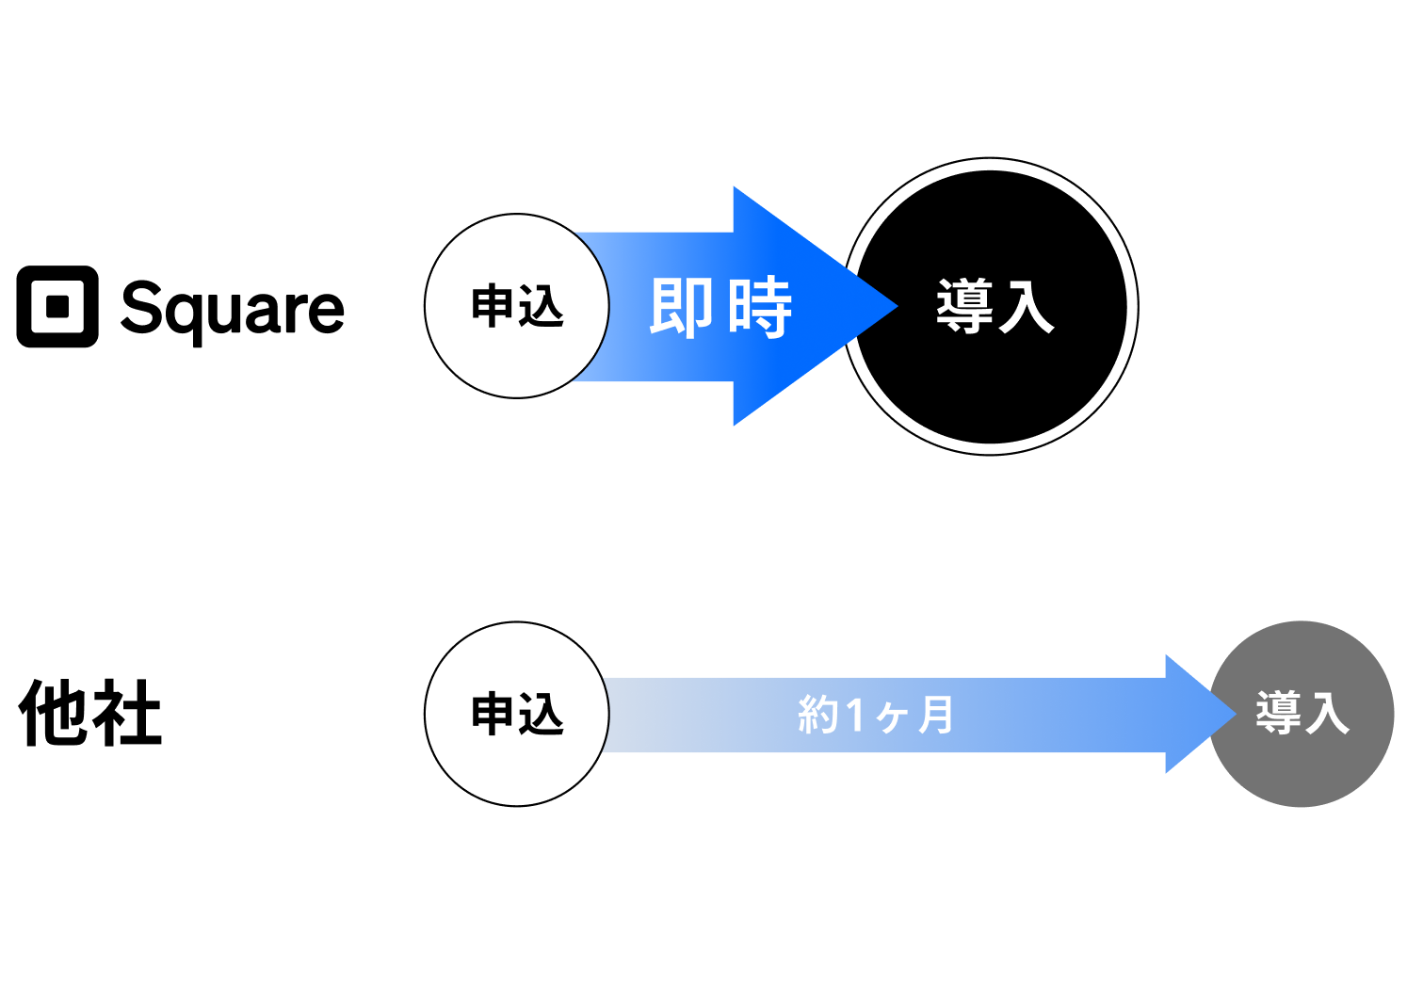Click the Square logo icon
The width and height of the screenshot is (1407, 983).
coord(57,307)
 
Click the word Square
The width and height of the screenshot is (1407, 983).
coord(233,309)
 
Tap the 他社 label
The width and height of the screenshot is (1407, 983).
coord(90,714)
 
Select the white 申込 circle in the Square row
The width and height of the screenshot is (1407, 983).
coord(516,306)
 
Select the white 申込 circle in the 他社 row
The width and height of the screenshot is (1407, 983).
coord(516,714)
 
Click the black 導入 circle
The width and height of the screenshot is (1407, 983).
coord(991,307)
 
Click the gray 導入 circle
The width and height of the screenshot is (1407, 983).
coord(1302,714)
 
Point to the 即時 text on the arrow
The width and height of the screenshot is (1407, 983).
coord(720,307)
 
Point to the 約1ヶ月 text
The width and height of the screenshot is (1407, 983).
coord(875,715)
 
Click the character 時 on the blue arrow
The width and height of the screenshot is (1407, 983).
coord(759,307)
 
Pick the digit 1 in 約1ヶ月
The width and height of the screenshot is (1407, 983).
coord(854,715)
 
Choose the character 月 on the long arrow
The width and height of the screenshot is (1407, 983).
coord(935,715)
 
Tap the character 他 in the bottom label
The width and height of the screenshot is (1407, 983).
coord(54,714)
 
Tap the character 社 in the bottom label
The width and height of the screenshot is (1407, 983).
coord(126,714)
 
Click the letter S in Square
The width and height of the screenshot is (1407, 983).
coord(142,307)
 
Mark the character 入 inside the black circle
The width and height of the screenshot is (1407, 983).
coord(1026,307)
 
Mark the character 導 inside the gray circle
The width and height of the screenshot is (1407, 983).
coord(1278,713)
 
